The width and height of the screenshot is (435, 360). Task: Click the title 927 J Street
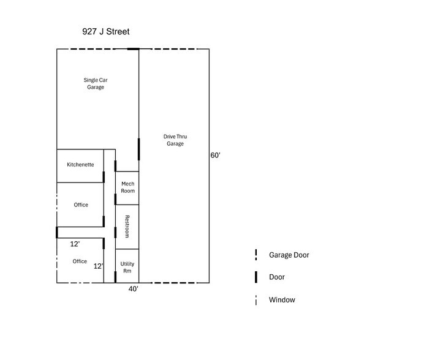pyautogui.click(x=105, y=31)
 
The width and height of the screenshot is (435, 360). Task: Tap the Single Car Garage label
pyautogui.click(x=94, y=83)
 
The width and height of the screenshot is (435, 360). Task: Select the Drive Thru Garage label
pyautogui.click(x=173, y=140)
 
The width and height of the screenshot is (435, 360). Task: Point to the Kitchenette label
pyautogui.click(x=80, y=165)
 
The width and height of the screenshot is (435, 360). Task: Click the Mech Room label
pyautogui.click(x=127, y=187)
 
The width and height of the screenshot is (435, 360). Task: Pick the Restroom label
pyautogui.click(x=127, y=227)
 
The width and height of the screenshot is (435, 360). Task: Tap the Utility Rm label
pyautogui.click(x=127, y=268)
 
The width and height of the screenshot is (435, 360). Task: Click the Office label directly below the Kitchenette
pyautogui.click(x=81, y=205)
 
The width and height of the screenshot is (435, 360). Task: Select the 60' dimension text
pyautogui.click(x=215, y=156)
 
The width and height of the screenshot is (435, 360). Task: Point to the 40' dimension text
pyautogui.click(x=133, y=289)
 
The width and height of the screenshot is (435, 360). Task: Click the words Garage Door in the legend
pyautogui.click(x=289, y=255)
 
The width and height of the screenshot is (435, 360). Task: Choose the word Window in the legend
pyautogui.click(x=282, y=300)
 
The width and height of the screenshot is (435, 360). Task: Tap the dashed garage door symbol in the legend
pyautogui.click(x=255, y=255)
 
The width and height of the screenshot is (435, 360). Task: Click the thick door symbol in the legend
pyautogui.click(x=255, y=277)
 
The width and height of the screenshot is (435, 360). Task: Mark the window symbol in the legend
pyautogui.click(x=255, y=300)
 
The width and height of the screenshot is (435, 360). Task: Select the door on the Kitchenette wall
pyautogui.click(x=104, y=177)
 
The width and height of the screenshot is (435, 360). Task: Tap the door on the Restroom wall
pyautogui.click(x=115, y=232)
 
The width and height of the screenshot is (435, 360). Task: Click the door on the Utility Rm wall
pyautogui.click(x=115, y=276)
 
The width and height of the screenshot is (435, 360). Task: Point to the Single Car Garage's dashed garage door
pyautogui.click(x=92, y=49)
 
